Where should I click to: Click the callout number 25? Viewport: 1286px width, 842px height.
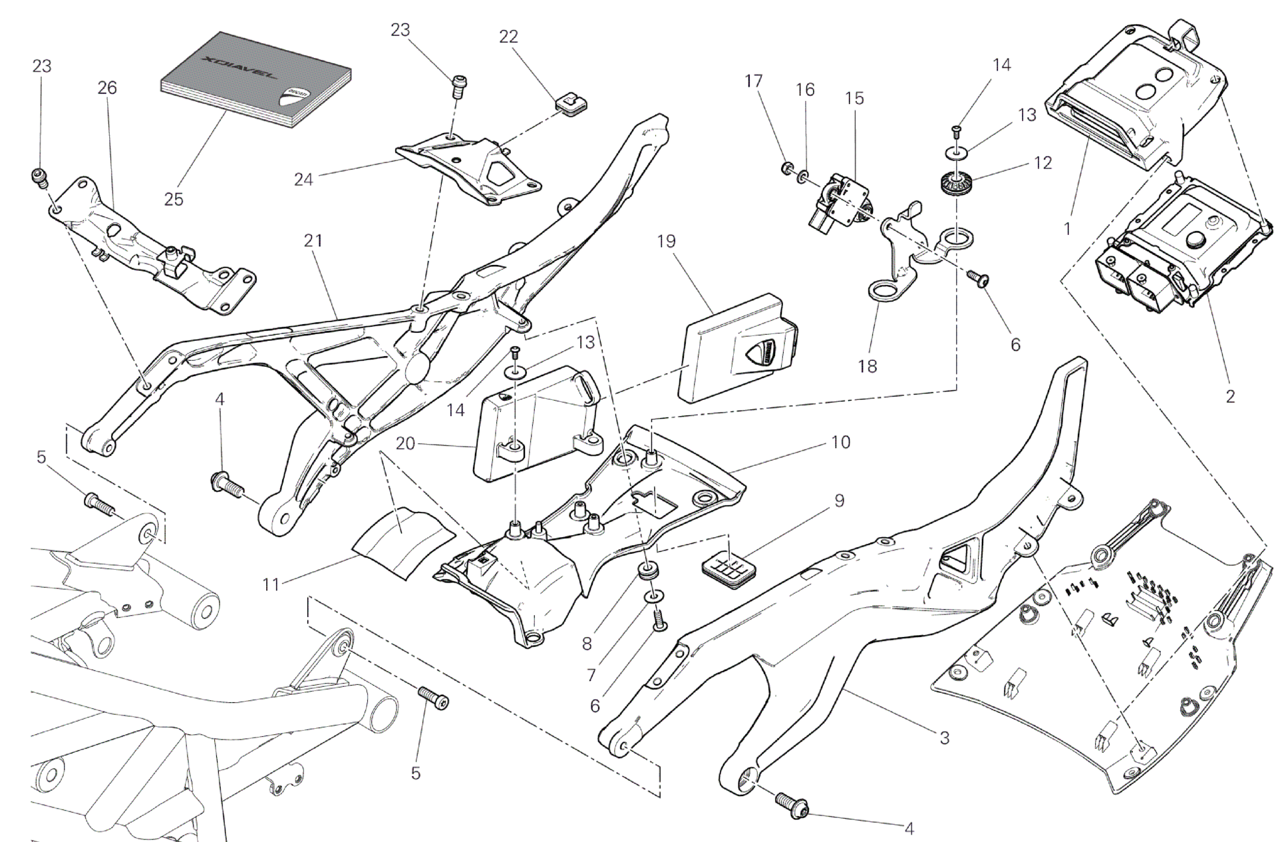pyautogui.click(x=174, y=199)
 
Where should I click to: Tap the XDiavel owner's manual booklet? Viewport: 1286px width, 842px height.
pyautogui.click(x=256, y=83)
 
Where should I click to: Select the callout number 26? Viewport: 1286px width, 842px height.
pyautogui.click(x=107, y=88)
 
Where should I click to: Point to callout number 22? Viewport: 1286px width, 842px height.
pyautogui.click(x=508, y=37)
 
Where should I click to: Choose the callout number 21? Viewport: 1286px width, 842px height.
pyautogui.click(x=313, y=240)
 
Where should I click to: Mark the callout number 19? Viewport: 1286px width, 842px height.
pyautogui.click(x=666, y=241)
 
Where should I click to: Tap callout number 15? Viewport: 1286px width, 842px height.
pyautogui.click(x=855, y=99)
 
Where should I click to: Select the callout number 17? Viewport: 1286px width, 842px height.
pyautogui.click(x=753, y=81)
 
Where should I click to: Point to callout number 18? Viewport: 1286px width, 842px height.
pyautogui.click(x=868, y=365)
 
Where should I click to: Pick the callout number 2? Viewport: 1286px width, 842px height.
pyautogui.click(x=1230, y=396)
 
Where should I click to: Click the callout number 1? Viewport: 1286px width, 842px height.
pyautogui.click(x=1067, y=228)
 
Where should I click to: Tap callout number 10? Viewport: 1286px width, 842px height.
pyautogui.click(x=841, y=442)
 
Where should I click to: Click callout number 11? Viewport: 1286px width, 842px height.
pyautogui.click(x=271, y=585)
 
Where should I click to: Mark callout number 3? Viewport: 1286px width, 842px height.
pyautogui.click(x=945, y=737)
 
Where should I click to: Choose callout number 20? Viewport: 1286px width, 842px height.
pyautogui.click(x=405, y=443)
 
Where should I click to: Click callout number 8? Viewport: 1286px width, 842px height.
pyautogui.click(x=586, y=644)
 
